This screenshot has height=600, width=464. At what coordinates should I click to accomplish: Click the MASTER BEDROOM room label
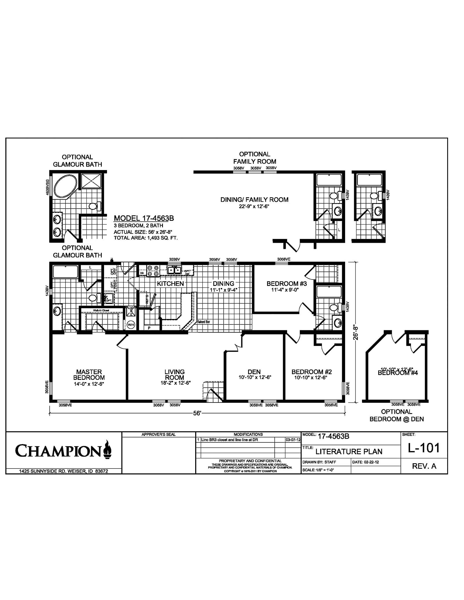click(89, 375)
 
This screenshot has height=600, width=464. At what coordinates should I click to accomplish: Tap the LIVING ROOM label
click(174, 375)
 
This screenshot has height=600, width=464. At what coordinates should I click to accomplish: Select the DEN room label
click(254, 372)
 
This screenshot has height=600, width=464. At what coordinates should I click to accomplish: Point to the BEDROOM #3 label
click(287, 284)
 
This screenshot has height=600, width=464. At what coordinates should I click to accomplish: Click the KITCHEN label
click(170, 284)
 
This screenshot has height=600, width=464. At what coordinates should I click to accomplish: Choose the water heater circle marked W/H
click(131, 325)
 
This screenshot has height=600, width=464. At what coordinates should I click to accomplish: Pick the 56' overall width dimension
click(197, 413)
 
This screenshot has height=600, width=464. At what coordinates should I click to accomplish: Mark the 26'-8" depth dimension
click(356, 333)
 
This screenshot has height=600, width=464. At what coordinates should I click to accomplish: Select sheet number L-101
click(424, 448)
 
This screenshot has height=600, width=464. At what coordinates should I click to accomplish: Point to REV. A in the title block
click(424, 466)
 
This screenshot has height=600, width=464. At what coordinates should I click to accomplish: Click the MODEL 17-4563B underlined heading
click(144, 218)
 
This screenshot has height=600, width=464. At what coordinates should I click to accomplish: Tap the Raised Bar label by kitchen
click(203, 322)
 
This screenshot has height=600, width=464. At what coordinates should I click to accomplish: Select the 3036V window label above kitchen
click(175, 260)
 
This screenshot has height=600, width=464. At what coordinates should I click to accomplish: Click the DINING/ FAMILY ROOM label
click(254, 200)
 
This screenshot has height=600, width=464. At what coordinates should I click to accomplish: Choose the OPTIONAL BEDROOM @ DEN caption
click(396, 415)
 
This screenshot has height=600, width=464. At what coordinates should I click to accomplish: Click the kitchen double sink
click(174, 270)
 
